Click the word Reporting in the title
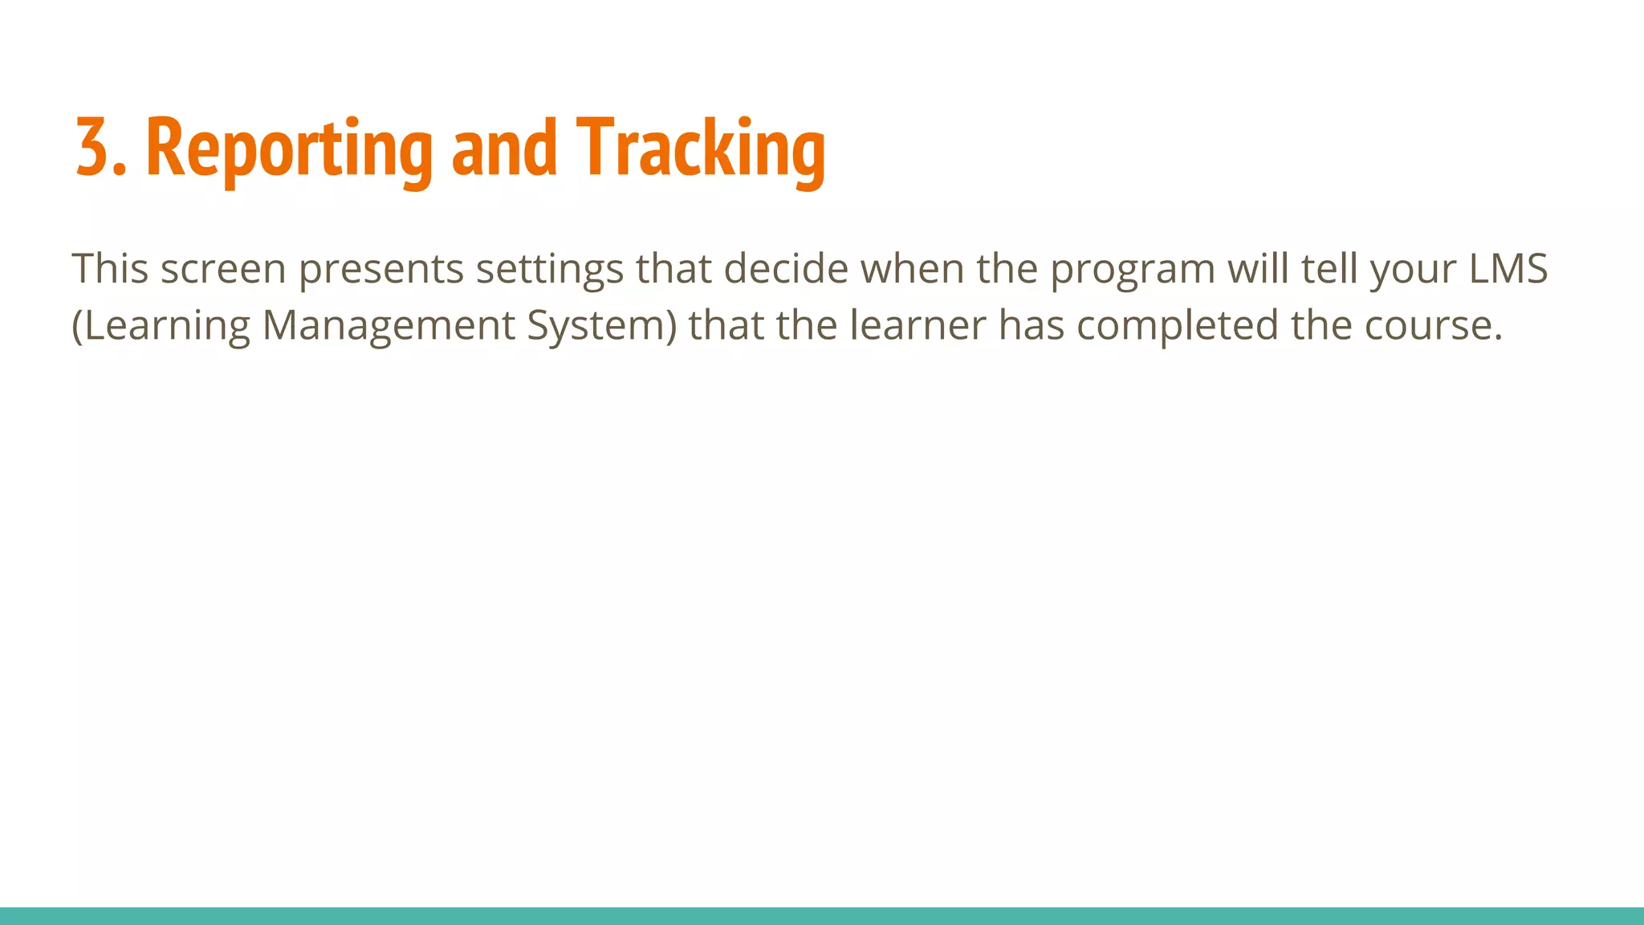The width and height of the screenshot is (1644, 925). pyautogui.click(x=290, y=149)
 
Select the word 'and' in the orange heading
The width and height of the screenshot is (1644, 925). pyautogui.click(x=504, y=148)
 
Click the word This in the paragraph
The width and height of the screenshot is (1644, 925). pyautogui.click(x=110, y=268)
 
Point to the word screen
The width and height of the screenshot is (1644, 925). pyautogui.click(x=223, y=269)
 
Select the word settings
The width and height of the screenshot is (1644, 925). pyautogui.click(x=549, y=270)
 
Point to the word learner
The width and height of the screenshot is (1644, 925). pyautogui.click(x=918, y=325)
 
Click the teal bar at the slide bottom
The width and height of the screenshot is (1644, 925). pyautogui.click(x=822, y=916)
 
